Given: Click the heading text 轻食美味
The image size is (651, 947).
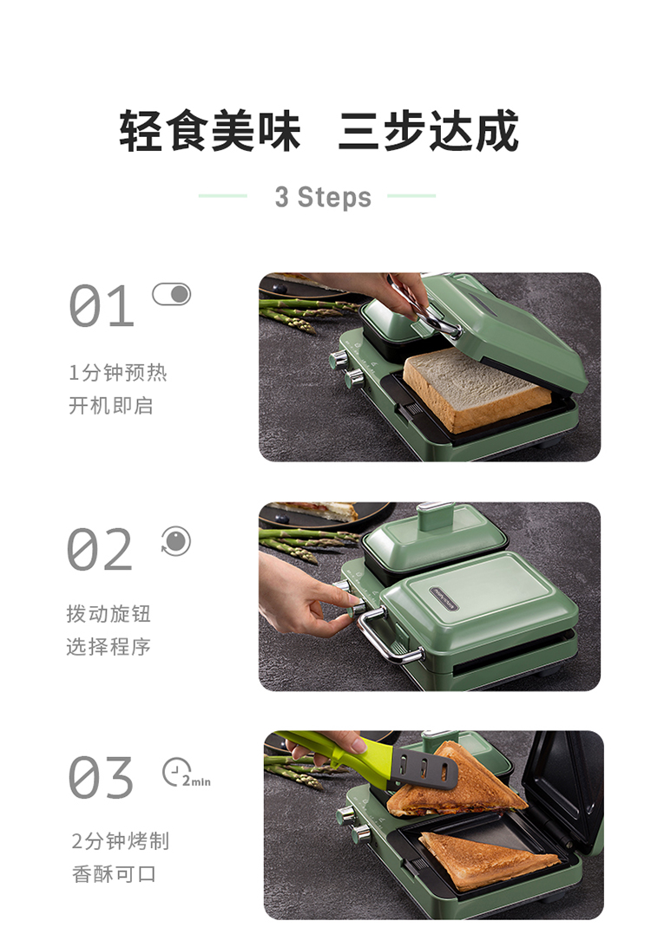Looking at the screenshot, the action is pos(210,130).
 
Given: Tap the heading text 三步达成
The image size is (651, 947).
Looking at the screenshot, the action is pos(428,130).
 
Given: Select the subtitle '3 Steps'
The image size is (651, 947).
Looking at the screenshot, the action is pos(323,197).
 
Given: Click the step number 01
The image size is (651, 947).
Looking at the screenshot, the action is pos(101,306).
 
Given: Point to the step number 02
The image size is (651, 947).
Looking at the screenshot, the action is pos(100,549).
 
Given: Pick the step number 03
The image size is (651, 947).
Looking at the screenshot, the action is pos(101,777).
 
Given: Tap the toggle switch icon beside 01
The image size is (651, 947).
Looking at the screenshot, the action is pos(171,294).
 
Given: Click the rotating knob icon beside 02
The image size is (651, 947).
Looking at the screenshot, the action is pos(176,540).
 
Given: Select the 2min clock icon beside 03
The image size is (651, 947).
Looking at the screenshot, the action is pos(186,773).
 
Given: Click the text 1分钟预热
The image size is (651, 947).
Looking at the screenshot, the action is pos(117,372).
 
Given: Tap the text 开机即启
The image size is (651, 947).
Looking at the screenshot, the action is pos(110,405).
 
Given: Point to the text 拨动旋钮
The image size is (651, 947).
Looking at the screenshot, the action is pos(108,614).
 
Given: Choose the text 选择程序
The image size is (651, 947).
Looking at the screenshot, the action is pos(108,647).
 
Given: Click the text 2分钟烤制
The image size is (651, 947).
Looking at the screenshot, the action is pos(121,840).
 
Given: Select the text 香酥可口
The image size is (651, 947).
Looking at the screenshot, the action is pos(114,874).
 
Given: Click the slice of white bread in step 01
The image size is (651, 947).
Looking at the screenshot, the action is pos(477,390).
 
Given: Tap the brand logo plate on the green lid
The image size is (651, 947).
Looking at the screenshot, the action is pos(444,598).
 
